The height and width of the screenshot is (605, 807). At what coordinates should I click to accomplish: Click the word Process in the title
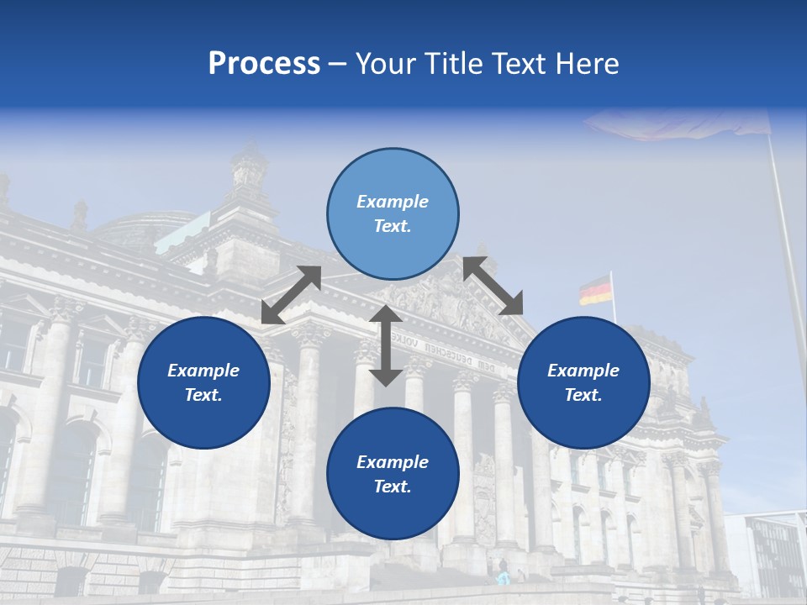[264, 64]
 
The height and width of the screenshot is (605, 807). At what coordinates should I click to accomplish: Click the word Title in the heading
[453, 64]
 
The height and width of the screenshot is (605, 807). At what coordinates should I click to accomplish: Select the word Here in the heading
[587, 64]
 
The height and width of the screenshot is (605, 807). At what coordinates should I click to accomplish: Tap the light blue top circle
[393, 214]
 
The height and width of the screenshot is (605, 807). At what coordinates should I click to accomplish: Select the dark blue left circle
[203, 382]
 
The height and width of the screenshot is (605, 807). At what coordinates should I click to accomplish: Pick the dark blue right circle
[583, 382]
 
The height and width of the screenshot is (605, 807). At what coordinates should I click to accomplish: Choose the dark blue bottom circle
[393, 474]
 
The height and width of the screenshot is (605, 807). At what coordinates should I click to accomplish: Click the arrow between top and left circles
[291, 295]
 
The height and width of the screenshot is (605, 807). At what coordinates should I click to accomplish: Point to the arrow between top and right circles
[493, 286]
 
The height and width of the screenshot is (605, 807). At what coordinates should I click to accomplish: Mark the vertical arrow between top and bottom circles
[386, 345]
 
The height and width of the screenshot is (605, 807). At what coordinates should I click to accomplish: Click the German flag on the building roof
[595, 290]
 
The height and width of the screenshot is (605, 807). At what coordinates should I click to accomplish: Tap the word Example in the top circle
[393, 202]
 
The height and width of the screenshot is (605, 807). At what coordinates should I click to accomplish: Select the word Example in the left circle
[203, 371]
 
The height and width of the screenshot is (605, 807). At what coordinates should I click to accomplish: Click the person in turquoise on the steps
[504, 577]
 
